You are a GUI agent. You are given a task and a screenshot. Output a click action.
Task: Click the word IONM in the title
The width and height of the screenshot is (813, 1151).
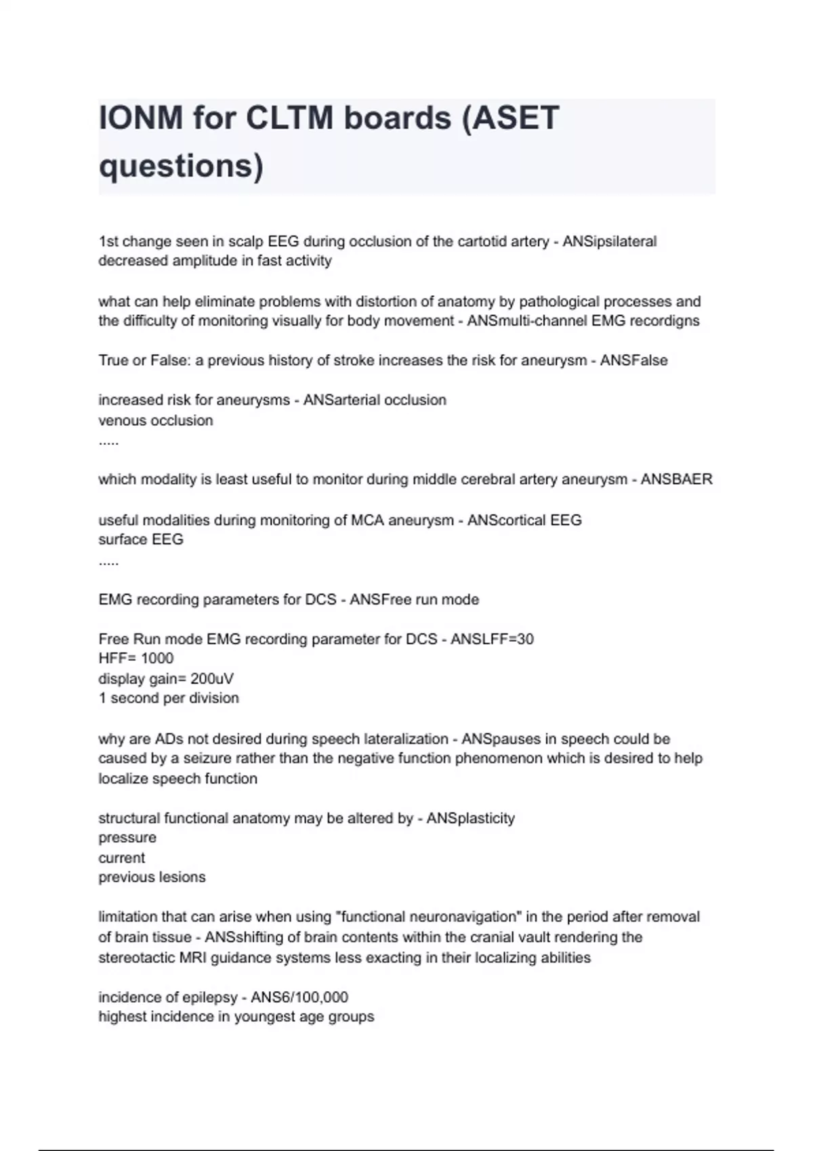point(140,118)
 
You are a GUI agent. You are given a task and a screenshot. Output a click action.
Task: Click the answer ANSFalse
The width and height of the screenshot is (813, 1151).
point(633,361)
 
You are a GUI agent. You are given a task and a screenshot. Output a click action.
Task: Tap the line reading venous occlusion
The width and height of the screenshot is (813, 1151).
point(156,420)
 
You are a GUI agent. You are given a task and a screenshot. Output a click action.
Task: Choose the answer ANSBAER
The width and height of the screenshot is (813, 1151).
point(676,480)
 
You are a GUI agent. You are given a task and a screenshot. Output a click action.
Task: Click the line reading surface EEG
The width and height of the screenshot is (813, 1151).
point(141,540)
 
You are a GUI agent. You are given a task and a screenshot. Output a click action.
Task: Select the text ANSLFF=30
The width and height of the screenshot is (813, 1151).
point(492,639)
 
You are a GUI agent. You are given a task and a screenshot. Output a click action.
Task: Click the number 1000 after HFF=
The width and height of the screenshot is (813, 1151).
point(157,659)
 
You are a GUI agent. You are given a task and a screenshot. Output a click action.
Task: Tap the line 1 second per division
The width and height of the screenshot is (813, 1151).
point(169,698)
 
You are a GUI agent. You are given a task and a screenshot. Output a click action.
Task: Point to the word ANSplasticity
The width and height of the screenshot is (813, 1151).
point(471,819)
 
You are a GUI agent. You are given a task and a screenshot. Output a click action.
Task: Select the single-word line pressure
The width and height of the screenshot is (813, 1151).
point(127,838)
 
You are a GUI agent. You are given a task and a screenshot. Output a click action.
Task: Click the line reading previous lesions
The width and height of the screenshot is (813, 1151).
point(152,877)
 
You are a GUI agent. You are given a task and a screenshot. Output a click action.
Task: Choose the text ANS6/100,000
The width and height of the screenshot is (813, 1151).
point(299,997)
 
